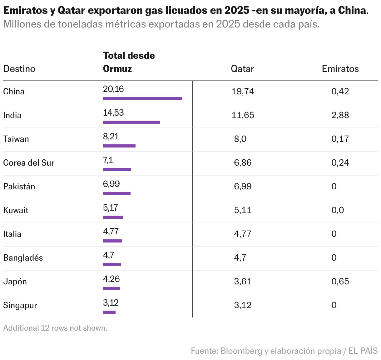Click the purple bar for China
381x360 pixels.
pyautogui.click(x=142, y=98)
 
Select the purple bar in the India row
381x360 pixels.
pyautogui.click(x=131, y=122)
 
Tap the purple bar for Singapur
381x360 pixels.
pyautogui.click(x=109, y=312)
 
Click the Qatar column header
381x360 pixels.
pyautogui.click(x=242, y=69)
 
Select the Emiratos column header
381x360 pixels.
pyautogui.click(x=340, y=69)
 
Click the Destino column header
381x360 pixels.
pyautogui.click(x=19, y=69)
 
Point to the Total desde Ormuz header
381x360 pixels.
pyautogui.click(x=129, y=62)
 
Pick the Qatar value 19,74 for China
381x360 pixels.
pyautogui.click(x=243, y=91)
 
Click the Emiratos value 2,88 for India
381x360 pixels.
pyautogui.click(x=340, y=115)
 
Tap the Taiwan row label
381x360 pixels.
pyautogui.click(x=16, y=139)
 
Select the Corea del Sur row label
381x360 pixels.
pyautogui.click(x=29, y=162)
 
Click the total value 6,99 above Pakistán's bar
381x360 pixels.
pyautogui.click(x=111, y=184)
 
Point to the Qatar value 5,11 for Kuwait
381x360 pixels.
pyautogui.click(x=242, y=210)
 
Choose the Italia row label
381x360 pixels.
pyautogui.click(x=12, y=234)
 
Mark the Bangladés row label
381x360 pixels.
pyautogui.click(x=23, y=257)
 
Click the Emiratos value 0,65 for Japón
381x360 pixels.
pyautogui.click(x=340, y=281)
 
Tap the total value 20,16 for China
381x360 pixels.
pyautogui.click(x=113, y=89)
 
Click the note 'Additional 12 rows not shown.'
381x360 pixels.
pyautogui.click(x=55, y=328)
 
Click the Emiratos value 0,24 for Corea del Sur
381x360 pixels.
pyautogui.click(x=340, y=162)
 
